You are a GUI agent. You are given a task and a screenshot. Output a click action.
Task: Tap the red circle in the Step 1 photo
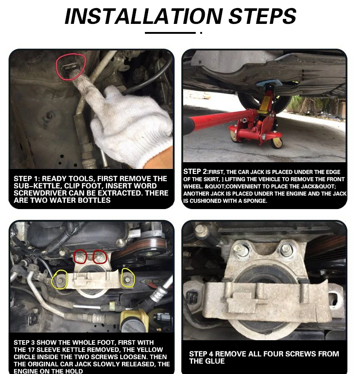[x=70, y=67]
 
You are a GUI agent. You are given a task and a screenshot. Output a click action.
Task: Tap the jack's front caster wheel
[x=277, y=142]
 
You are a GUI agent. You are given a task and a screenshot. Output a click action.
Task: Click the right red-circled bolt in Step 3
[x=99, y=257]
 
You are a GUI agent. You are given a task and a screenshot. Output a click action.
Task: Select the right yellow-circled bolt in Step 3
[x=128, y=278]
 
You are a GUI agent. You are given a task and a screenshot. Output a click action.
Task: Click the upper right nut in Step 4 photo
[x=286, y=249]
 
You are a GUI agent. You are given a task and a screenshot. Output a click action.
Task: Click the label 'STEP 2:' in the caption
[x=195, y=172]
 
